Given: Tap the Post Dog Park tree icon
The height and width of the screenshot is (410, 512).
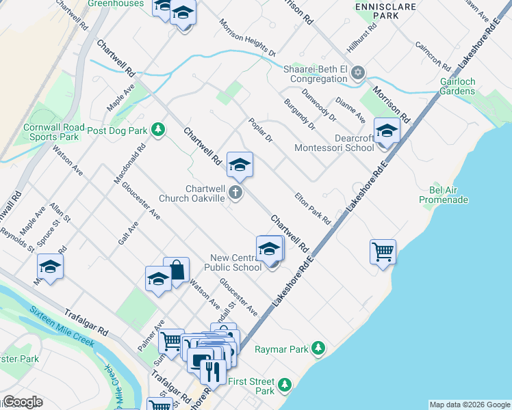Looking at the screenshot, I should tap(158, 129).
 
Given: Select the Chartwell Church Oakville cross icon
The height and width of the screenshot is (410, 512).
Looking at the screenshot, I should tap(235, 193).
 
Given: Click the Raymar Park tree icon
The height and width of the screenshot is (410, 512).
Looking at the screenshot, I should tap(318, 348).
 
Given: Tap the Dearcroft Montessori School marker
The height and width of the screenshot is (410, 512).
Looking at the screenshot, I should tap(387, 131).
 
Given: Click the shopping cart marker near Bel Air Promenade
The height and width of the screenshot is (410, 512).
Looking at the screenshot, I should tap(383, 251).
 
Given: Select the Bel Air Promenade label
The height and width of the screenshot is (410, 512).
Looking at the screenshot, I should tap(444, 194).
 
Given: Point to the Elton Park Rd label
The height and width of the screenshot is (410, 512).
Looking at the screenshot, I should tap(313, 208).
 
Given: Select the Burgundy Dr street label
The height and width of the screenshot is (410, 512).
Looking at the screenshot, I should tap(299, 114).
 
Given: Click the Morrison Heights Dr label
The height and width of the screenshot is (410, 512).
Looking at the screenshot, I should tap(246, 37).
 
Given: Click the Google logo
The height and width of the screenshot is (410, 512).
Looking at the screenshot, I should tap(23, 402).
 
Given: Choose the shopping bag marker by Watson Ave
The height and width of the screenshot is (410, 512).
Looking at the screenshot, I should tap(176, 270).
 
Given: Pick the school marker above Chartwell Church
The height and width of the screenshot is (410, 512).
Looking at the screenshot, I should tap(240, 164).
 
